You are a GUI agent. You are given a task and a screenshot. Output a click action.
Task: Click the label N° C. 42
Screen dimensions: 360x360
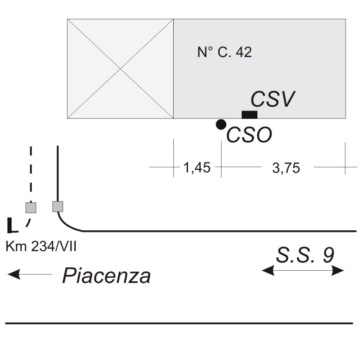pyautogui.click(x=225, y=53)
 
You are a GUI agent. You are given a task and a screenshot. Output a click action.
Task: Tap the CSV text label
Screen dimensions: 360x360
pyautogui.click(x=273, y=99)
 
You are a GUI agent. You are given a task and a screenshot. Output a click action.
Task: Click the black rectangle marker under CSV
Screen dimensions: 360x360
pyautogui.click(x=249, y=114)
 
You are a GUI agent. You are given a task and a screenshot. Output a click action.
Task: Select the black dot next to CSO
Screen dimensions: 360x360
pyautogui.click(x=221, y=124)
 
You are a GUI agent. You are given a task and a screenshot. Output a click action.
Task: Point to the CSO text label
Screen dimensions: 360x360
pyautogui.click(x=249, y=135)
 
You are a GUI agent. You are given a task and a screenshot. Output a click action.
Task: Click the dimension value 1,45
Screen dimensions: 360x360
pyautogui.click(x=197, y=168)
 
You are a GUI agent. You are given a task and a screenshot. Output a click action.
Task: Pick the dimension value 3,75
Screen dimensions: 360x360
pyautogui.click(x=286, y=168)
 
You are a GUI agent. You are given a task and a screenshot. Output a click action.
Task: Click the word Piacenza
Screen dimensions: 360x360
pyautogui.click(x=107, y=276)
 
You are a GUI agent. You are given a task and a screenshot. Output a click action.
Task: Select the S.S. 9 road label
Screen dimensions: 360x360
pyautogui.click(x=305, y=255)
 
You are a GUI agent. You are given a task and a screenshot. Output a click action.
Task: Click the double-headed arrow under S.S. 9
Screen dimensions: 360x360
pyautogui.click(x=303, y=271)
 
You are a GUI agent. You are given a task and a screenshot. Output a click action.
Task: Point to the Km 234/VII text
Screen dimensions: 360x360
pyautogui.click(x=41, y=247)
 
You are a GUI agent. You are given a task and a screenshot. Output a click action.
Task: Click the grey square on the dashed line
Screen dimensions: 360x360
pyautogui.click(x=30, y=207)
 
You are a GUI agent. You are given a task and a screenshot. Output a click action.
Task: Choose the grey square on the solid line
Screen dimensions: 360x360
pyautogui.click(x=57, y=206)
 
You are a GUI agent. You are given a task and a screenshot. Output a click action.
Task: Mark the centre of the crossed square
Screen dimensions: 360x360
pyautogui.click(x=120, y=68)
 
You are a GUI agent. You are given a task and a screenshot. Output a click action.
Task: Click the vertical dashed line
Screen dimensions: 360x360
pyautogui.click(x=30, y=174)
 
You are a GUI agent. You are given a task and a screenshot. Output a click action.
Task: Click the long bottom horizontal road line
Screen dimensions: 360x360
pyautogui.click(x=178, y=323)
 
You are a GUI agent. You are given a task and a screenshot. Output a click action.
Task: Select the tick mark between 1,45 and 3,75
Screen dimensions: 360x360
pyautogui.click(x=221, y=166)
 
